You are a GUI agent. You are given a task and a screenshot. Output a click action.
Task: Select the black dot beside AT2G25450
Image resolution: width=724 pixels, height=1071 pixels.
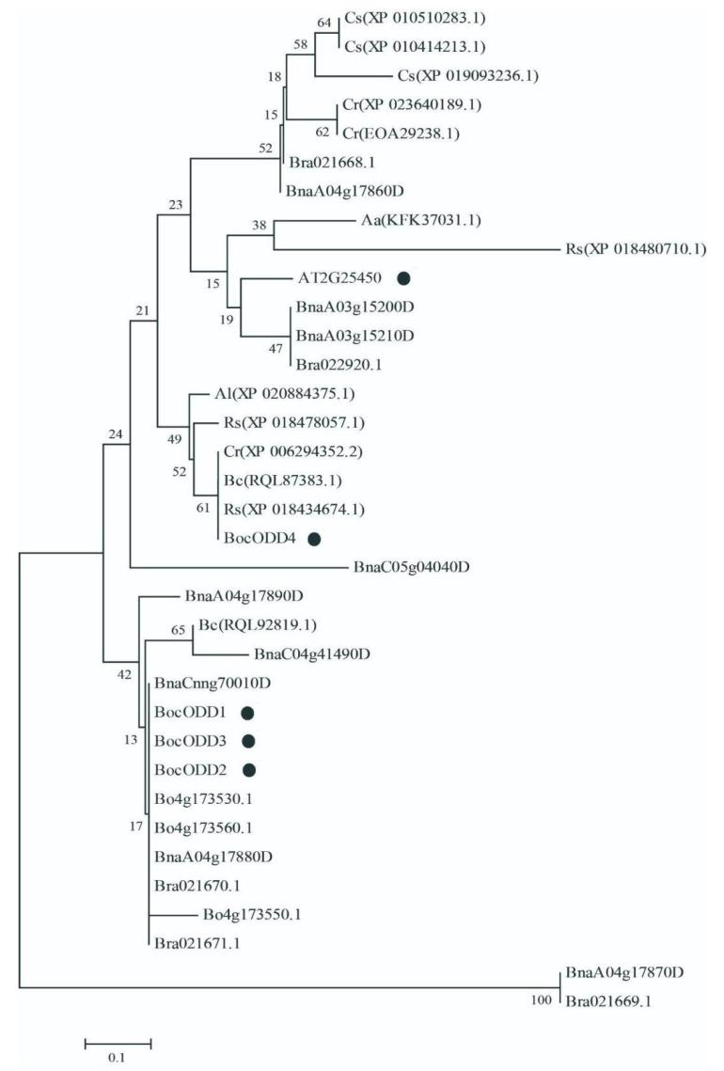pyautogui.click(x=404, y=277)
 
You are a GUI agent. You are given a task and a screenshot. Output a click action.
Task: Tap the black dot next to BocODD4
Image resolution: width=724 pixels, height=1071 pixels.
pyautogui.click(x=314, y=539)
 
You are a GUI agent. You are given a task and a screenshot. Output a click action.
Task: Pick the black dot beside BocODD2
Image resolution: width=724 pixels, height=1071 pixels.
pyautogui.click(x=249, y=770)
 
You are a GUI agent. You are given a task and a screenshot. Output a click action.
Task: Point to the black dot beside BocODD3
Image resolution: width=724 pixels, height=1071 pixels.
pyautogui.click(x=249, y=741)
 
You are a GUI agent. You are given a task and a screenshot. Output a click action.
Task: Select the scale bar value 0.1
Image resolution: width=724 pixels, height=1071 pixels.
pyautogui.click(x=117, y=1058)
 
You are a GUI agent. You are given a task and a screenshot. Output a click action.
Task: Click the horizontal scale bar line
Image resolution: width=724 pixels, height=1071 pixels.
pyautogui.click(x=118, y=1042)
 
